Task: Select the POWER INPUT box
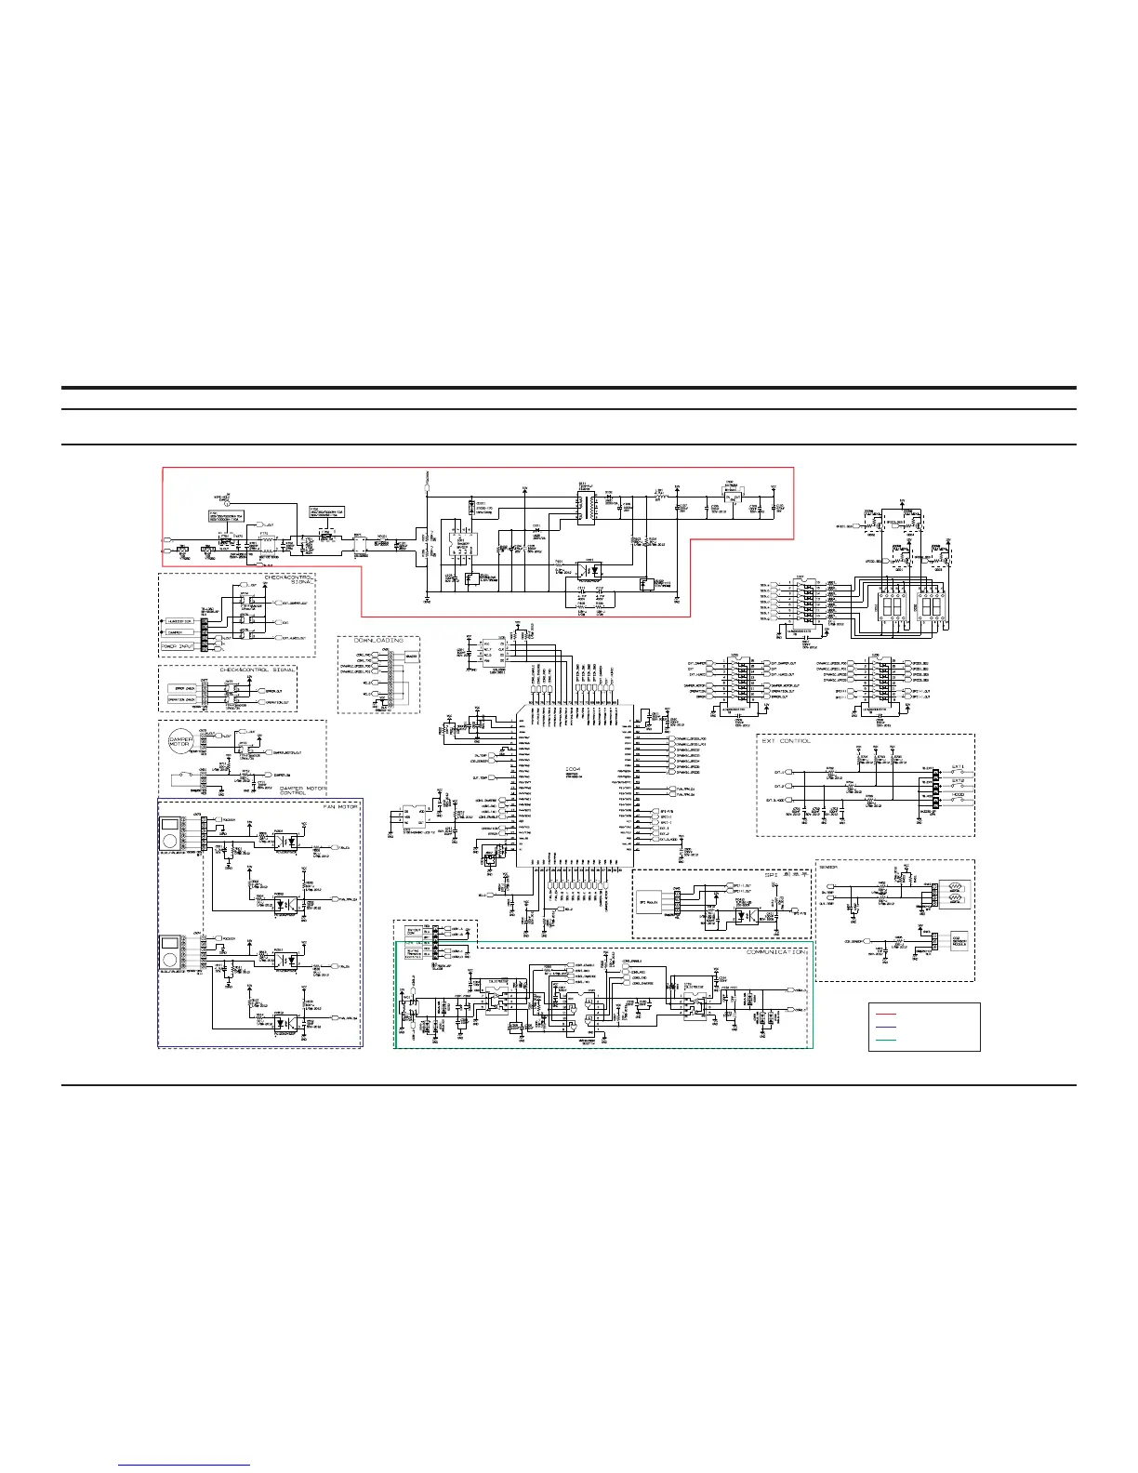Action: tap(176, 644)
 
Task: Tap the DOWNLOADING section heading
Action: tap(378, 641)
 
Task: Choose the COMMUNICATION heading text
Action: tap(777, 951)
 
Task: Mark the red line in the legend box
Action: tap(885, 1015)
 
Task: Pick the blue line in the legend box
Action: tap(885, 1027)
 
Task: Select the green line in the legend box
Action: tap(885, 1039)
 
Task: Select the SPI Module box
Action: tap(649, 902)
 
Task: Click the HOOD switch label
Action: tap(958, 796)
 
